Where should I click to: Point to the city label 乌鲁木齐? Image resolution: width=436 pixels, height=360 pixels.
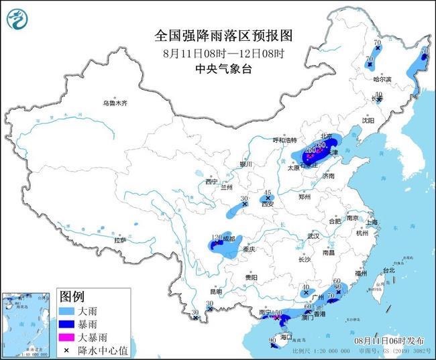tap(115, 104)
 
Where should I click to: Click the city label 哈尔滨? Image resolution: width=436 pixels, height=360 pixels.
tap(382, 78)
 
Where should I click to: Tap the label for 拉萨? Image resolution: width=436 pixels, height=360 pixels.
tap(120, 239)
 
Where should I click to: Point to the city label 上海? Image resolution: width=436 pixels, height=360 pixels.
tap(371, 222)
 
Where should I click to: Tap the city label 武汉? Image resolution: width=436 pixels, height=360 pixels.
tap(313, 236)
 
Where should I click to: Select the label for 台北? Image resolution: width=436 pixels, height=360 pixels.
tap(388, 271)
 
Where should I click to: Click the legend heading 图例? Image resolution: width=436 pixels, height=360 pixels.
tap(72, 296)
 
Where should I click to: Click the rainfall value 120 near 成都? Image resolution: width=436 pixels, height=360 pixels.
tap(217, 238)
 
